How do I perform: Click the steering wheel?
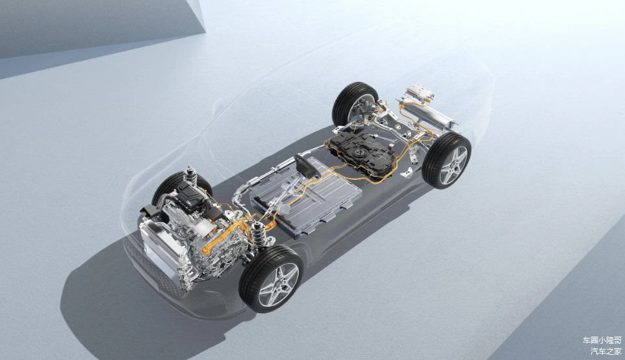307,166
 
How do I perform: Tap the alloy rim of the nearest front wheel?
279,285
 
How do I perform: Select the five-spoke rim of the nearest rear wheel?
453,165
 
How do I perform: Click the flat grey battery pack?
307,196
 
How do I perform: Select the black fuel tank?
361,153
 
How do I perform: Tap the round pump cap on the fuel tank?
360,152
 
